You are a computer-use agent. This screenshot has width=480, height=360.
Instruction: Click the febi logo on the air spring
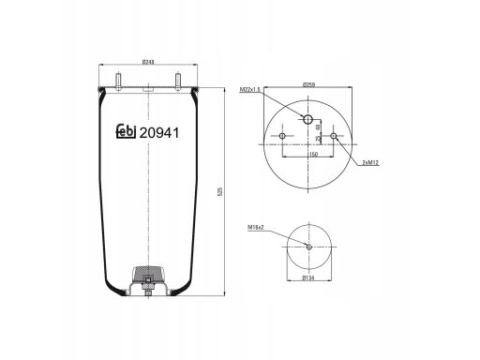click(126, 131)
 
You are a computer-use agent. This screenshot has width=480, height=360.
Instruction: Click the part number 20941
click(159, 133)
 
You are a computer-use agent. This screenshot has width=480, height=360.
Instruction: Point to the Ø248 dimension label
click(148, 62)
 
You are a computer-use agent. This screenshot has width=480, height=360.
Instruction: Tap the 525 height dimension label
click(219, 191)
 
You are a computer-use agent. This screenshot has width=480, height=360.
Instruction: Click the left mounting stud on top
click(119, 82)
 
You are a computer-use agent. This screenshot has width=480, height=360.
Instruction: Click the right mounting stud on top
click(178, 82)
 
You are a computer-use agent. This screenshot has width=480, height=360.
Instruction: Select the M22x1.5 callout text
click(250, 90)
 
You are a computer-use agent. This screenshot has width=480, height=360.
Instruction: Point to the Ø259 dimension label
click(308, 84)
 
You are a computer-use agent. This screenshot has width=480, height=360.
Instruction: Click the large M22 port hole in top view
click(308, 119)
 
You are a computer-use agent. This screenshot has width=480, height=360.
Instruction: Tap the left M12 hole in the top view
click(282, 136)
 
